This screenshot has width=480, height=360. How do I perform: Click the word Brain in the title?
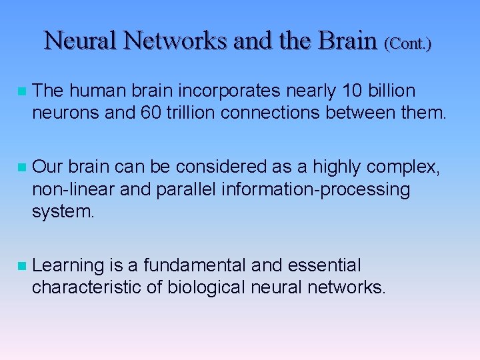click(x=347, y=41)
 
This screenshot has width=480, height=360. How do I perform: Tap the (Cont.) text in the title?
click(x=408, y=43)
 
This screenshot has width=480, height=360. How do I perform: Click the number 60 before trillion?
click(x=151, y=113)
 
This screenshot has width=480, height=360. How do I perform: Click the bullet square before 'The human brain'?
click(x=22, y=91)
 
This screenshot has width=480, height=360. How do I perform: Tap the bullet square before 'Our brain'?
click(x=22, y=167)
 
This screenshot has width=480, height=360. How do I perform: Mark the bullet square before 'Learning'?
click(x=22, y=266)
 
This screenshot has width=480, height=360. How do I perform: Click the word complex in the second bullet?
click(x=407, y=167)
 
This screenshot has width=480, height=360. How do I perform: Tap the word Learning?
click(x=69, y=266)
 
